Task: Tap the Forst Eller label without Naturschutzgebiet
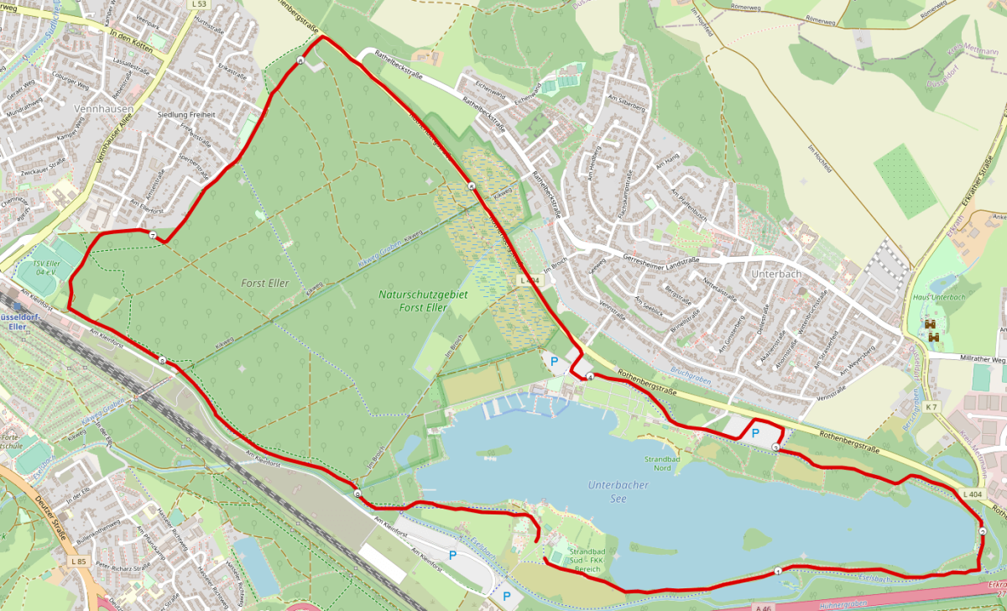[264, 283]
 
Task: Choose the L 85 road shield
[78, 561]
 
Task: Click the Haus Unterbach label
[938, 297]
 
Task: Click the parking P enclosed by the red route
[754, 432]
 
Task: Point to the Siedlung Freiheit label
[185, 114]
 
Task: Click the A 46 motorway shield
[762, 605]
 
